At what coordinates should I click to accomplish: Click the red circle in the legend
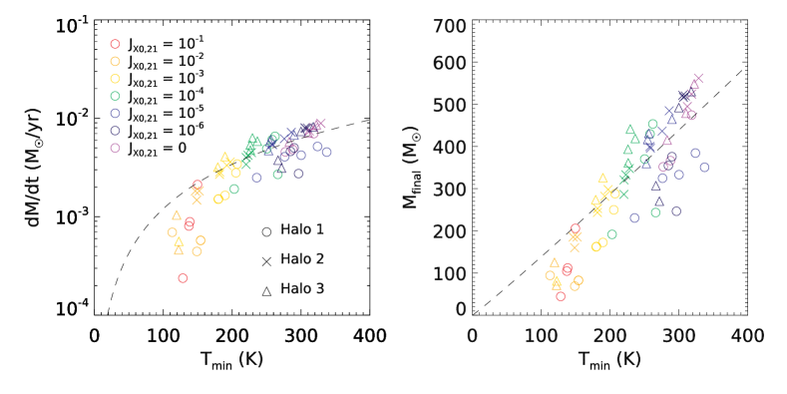point(115,44)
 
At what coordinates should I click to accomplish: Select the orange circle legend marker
point(115,62)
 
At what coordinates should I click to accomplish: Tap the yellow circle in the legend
point(115,79)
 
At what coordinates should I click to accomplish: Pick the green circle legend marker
point(115,97)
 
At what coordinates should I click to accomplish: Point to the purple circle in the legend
point(115,148)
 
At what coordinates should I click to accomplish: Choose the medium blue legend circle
point(115,114)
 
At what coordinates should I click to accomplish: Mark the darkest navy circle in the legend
point(115,131)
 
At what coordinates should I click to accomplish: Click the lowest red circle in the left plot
point(183,278)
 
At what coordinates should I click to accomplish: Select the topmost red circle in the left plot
point(197,185)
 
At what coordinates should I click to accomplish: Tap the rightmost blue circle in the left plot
point(326,153)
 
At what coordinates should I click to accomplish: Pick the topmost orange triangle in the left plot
point(177,214)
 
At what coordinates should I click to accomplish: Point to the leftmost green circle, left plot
point(234,189)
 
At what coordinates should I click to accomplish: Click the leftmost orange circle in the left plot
point(173,232)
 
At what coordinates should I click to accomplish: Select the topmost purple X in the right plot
point(697,78)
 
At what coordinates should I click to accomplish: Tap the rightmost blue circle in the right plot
point(704,168)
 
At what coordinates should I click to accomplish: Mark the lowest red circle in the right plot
point(561,296)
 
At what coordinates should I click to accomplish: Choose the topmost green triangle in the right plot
point(630,129)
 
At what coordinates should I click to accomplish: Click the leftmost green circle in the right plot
point(611,234)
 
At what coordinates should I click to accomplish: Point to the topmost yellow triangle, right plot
point(602,178)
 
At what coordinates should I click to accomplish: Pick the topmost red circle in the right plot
point(575,228)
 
